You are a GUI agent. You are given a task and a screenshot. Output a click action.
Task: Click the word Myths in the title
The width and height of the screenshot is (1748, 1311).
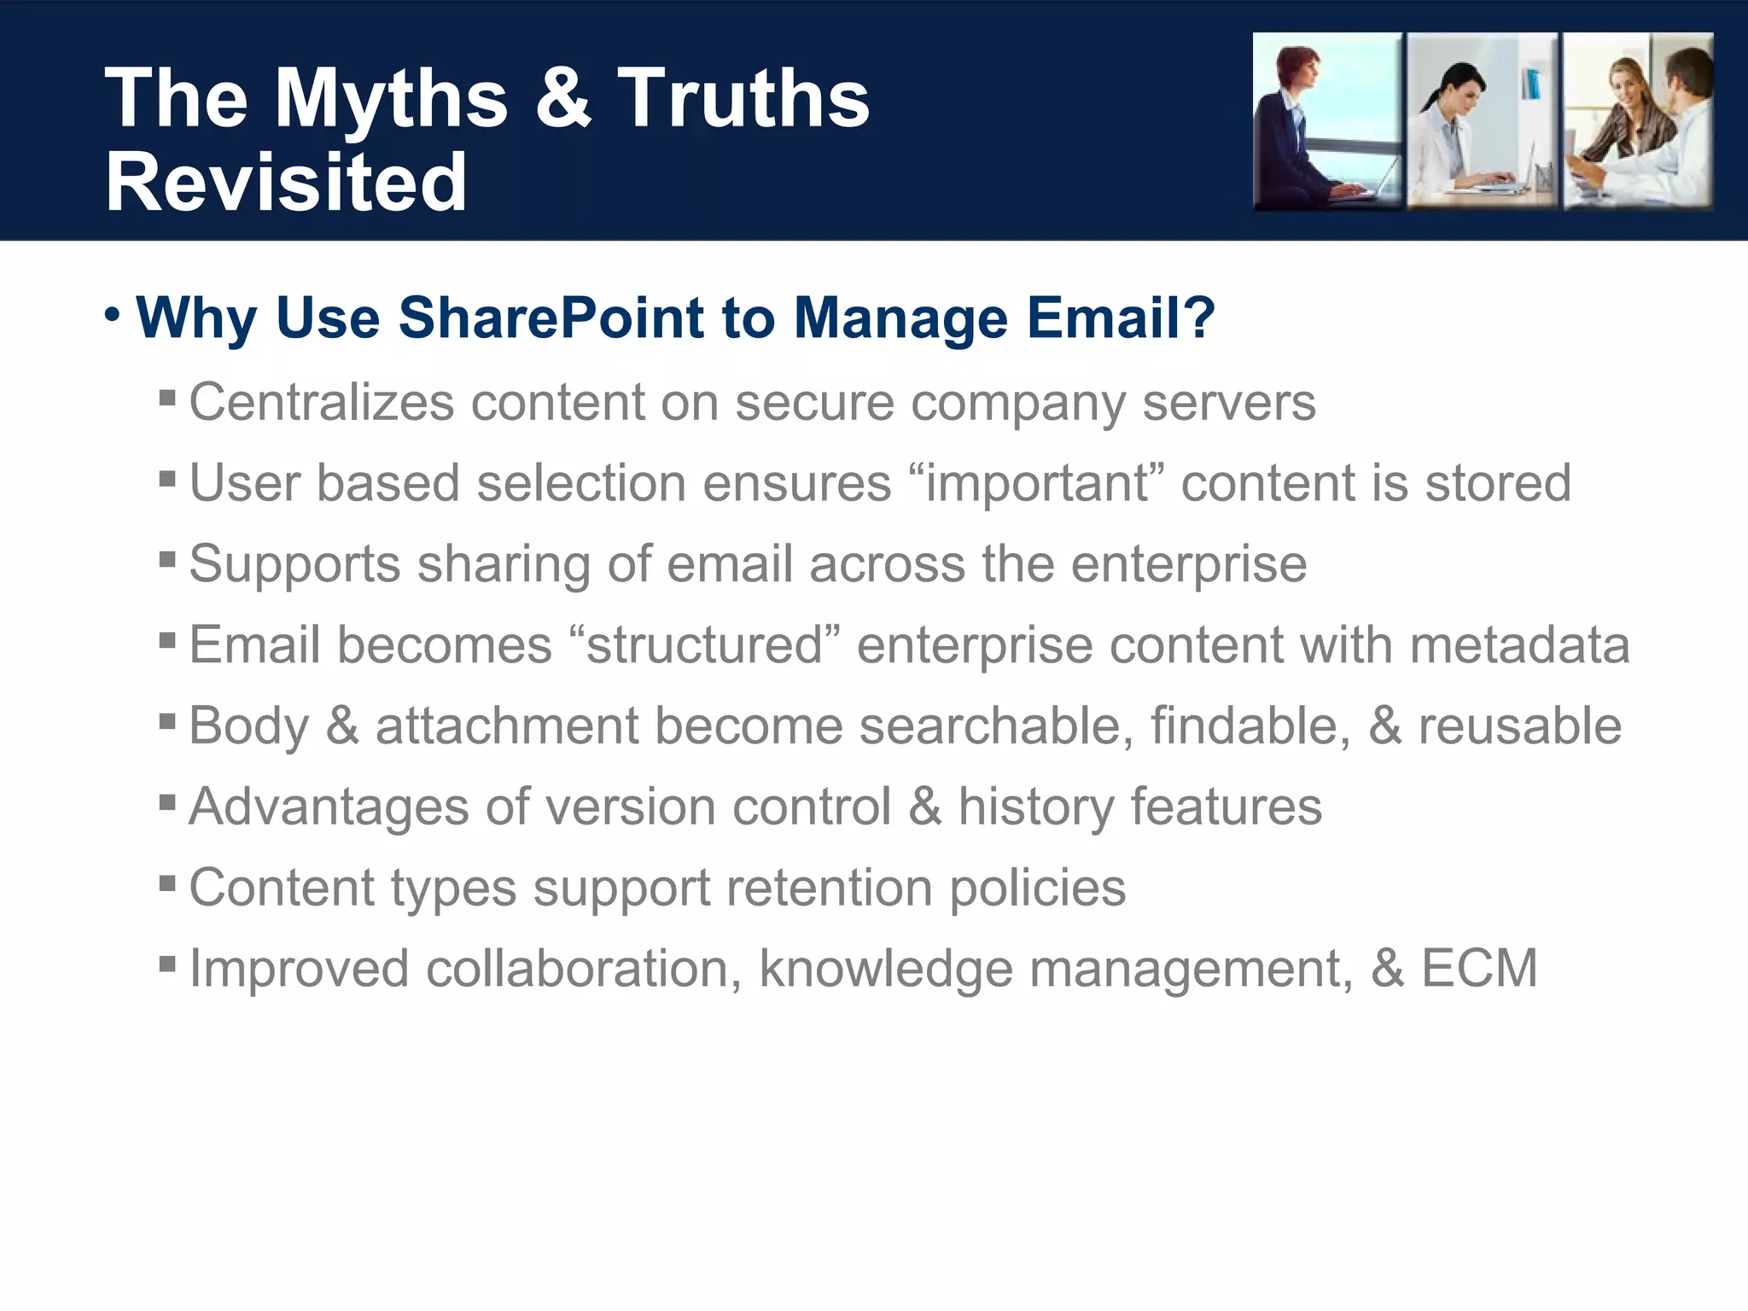(391, 100)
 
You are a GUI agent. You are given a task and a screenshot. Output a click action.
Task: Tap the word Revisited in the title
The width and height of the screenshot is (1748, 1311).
(286, 183)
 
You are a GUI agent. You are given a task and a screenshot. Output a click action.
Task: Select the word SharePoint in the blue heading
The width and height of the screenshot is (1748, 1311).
(551, 318)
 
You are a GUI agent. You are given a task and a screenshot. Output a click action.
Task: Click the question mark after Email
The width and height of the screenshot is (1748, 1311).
(1199, 318)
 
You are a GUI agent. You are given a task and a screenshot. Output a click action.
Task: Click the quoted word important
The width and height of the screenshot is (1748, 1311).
(1036, 483)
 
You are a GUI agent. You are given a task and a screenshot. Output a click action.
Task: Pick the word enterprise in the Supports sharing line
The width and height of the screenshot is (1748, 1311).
(1188, 565)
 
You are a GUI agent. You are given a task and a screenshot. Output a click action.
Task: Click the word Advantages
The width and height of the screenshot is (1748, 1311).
(329, 807)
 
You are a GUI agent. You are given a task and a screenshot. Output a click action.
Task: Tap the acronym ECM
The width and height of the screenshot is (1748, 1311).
(1478, 969)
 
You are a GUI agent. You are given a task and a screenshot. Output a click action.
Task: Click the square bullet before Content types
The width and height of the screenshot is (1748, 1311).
(167, 881)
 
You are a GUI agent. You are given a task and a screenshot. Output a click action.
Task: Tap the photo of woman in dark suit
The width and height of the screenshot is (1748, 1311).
(1326, 121)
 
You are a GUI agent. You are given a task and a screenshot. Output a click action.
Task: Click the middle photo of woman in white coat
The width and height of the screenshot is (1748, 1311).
(1482, 121)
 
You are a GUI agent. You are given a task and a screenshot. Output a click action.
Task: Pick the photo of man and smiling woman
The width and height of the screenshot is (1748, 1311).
(1638, 121)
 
